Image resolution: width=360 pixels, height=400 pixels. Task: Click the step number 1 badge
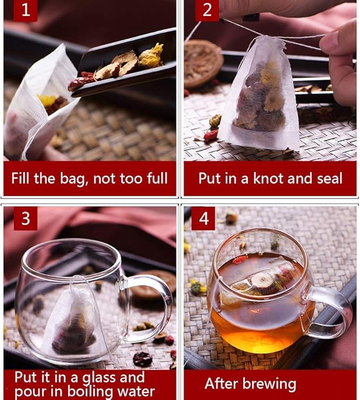pyautogui.click(x=25, y=11)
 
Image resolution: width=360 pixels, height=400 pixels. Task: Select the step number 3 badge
pyautogui.click(x=25, y=219)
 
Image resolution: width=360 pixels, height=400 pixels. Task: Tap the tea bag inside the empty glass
pyautogui.click(x=74, y=318)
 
